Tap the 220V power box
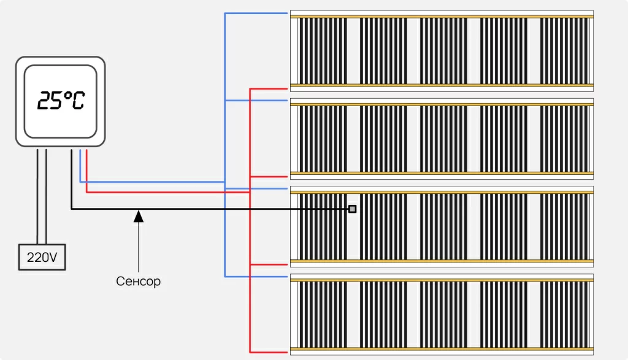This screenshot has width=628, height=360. pyautogui.click(x=42, y=258)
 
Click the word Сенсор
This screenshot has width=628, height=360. pyautogui.click(x=138, y=281)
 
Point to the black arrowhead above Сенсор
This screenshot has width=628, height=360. pyautogui.click(x=139, y=215)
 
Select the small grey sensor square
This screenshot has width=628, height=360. pyautogui.click(x=352, y=209)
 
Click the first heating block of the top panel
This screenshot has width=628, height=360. pyautogui.click(x=322, y=50)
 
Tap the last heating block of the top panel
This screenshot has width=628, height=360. pyautogui.click(x=564, y=50)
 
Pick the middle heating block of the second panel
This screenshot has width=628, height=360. pyautogui.click(x=443, y=138)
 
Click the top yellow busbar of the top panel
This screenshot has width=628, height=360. pyautogui.click(x=442, y=17)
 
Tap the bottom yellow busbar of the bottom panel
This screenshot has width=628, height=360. pyautogui.click(x=442, y=349)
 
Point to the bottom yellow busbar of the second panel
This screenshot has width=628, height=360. pyautogui.click(x=442, y=173)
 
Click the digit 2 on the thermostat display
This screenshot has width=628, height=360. pyautogui.click(x=44, y=101)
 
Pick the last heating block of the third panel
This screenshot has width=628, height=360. pyautogui.click(x=564, y=226)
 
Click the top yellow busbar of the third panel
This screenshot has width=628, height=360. pyautogui.click(x=442, y=192)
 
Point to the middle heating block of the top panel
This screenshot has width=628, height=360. pyautogui.click(x=443, y=50)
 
